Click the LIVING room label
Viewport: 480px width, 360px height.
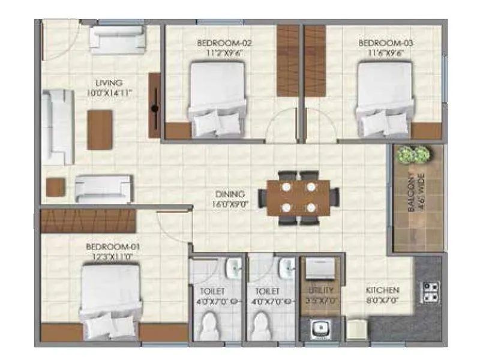109,83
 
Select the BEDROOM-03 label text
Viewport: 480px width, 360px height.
377,43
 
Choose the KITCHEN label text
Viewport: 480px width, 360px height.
382,291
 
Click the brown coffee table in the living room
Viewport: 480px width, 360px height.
100,130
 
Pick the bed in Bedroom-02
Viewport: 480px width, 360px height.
218,99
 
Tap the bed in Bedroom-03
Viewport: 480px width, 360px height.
385,99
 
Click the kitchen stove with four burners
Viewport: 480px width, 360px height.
431,292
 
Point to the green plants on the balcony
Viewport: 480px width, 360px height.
414,155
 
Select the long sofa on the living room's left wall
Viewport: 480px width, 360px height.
58,127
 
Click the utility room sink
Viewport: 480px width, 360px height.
319,329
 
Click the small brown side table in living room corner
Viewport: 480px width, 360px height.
56,187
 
